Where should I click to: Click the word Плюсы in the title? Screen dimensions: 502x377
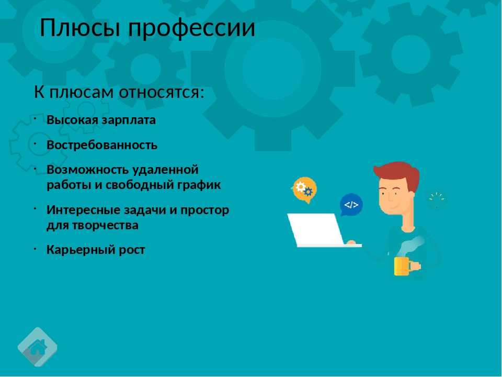80,28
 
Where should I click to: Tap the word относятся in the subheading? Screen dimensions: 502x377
162,92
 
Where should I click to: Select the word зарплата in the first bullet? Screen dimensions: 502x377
129,120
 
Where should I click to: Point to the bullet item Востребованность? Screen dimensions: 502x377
102,145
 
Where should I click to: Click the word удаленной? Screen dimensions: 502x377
165,170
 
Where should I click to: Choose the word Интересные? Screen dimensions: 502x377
83,210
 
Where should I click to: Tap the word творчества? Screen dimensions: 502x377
105,225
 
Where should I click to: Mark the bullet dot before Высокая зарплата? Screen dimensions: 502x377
35,119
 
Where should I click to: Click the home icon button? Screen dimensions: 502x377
38,347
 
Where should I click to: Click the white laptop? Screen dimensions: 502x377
320,230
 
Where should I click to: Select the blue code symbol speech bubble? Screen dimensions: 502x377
351,205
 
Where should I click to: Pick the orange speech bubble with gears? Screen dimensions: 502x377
305,190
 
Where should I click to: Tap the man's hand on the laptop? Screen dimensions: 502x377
351,242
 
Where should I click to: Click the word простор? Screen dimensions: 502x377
204,210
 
